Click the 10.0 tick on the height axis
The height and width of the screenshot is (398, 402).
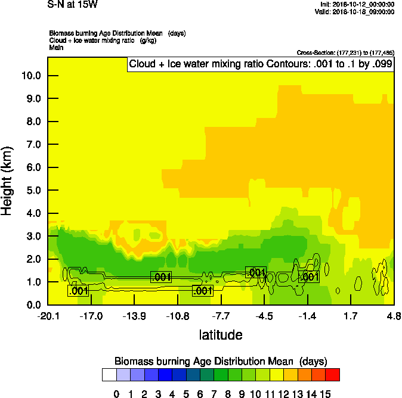30,76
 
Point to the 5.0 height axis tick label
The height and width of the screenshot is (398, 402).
30,191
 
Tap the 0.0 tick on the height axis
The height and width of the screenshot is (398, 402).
30,305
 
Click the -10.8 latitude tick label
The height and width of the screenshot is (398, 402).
177,315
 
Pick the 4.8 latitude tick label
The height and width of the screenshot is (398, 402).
393,315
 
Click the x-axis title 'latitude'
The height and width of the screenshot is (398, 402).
221,335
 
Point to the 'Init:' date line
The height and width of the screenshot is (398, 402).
357,4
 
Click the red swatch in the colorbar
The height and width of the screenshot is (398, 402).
333,374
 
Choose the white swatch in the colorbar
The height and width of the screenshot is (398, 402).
109,374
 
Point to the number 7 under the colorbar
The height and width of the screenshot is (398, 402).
214,394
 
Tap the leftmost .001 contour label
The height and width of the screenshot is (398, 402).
79,291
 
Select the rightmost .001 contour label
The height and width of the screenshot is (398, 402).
309,276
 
